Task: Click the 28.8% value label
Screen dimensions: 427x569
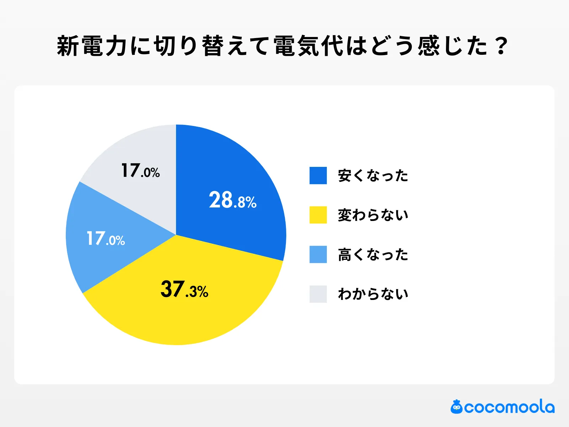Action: click(x=233, y=200)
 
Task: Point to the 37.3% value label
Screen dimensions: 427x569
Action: click(x=184, y=289)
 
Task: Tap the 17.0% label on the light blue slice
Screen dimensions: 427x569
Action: click(x=106, y=239)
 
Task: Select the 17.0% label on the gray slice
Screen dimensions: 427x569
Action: click(x=140, y=171)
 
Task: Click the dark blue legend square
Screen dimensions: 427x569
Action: click(x=318, y=175)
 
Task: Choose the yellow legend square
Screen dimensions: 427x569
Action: click(x=318, y=215)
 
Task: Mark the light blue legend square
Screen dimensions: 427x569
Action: click(x=318, y=254)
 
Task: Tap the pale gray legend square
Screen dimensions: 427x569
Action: click(x=318, y=294)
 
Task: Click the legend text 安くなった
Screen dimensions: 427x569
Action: click(x=373, y=176)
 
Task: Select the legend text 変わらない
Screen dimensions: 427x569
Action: click(x=373, y=215)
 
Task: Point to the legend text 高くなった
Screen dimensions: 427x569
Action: click(x=373, y=255)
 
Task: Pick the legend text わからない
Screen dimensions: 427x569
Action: click(x=373, y=294)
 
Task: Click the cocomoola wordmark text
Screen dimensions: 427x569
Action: click(x=509, y=407)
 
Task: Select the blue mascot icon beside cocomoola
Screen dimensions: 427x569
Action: click(x=456, y=407)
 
